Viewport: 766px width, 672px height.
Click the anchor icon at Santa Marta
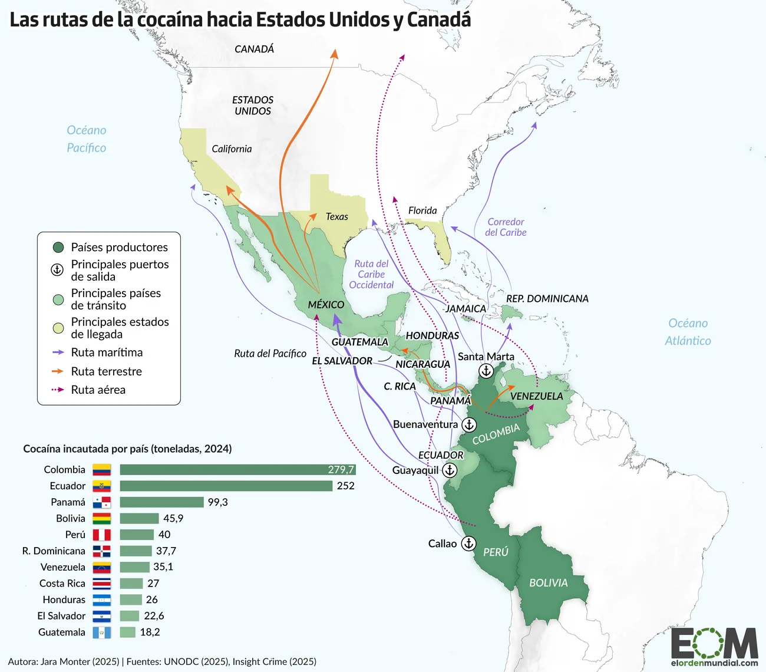(x=486, y=371)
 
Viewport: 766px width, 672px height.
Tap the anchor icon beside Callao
(x=468, y=543)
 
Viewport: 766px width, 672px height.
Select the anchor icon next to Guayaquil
(x=450, y=470)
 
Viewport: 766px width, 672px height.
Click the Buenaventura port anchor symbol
(x=469, y=424)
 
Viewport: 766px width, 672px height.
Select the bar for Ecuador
(x=226, y=486)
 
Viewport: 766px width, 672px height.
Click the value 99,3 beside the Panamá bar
(x=217, y=502)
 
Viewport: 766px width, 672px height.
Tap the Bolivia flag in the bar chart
(x=102, y=519)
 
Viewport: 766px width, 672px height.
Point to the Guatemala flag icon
(x=102, y=632)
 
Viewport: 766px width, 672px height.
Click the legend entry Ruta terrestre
(x=106, y=371)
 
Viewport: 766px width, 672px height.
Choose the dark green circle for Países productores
(x=58, y=247)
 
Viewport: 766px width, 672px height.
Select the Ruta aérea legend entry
(x=98, y=390)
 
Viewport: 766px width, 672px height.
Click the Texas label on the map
(x=337, y=217)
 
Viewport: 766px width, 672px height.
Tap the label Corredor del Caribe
(x=506, y=227)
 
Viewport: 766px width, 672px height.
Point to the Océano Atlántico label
(x=688, y=332)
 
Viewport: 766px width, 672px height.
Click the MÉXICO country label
(x=326, y=305)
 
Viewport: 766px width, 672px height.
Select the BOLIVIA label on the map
(x=548, y=583)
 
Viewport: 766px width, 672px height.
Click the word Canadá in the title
(x=438, y=19)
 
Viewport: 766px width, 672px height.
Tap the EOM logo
(x=714, y=645)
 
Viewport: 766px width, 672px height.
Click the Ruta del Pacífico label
(x=270, y=354)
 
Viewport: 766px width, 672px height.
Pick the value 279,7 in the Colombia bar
(x=341, y=470)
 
